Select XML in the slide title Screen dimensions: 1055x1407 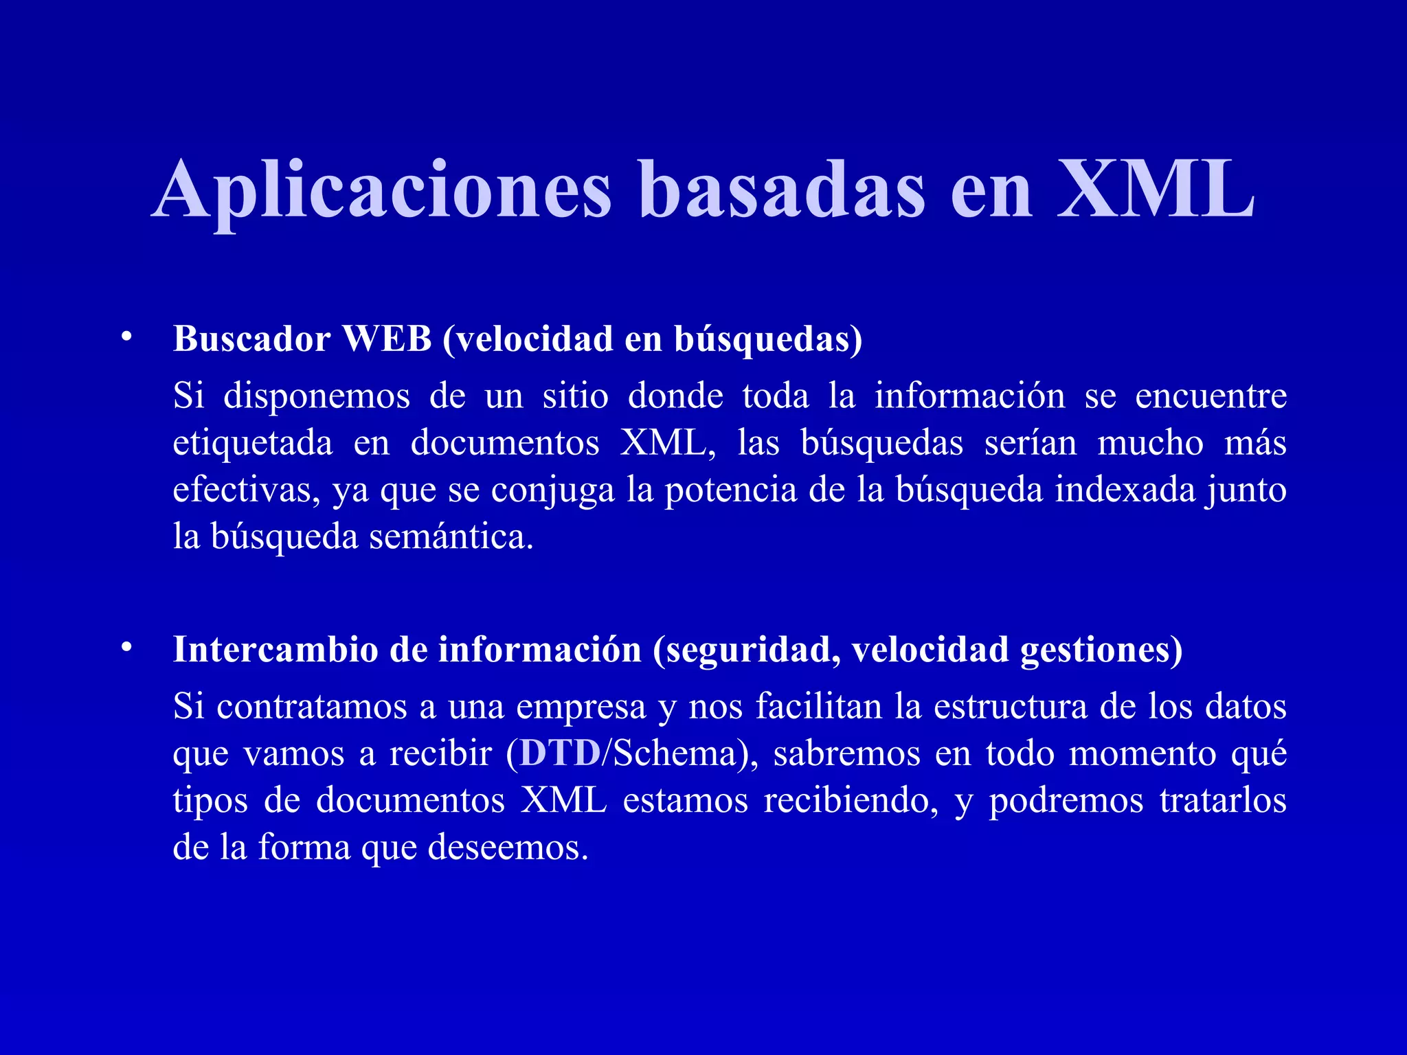(1156, 190)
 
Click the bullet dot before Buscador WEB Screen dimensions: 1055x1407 (125, 337)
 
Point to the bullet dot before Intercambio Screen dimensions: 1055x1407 (125, 648)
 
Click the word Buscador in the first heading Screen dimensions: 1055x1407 (251, 339)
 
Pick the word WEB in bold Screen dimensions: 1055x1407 (387, 339)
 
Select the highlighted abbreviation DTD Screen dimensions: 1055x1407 (560, 753)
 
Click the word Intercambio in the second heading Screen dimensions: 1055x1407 (275, 650)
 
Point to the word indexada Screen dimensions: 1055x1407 (1124, 490)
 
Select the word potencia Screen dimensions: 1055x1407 (730, 490)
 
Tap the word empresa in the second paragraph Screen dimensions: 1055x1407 (581, 707)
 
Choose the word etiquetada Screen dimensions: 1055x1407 (253, 444)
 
